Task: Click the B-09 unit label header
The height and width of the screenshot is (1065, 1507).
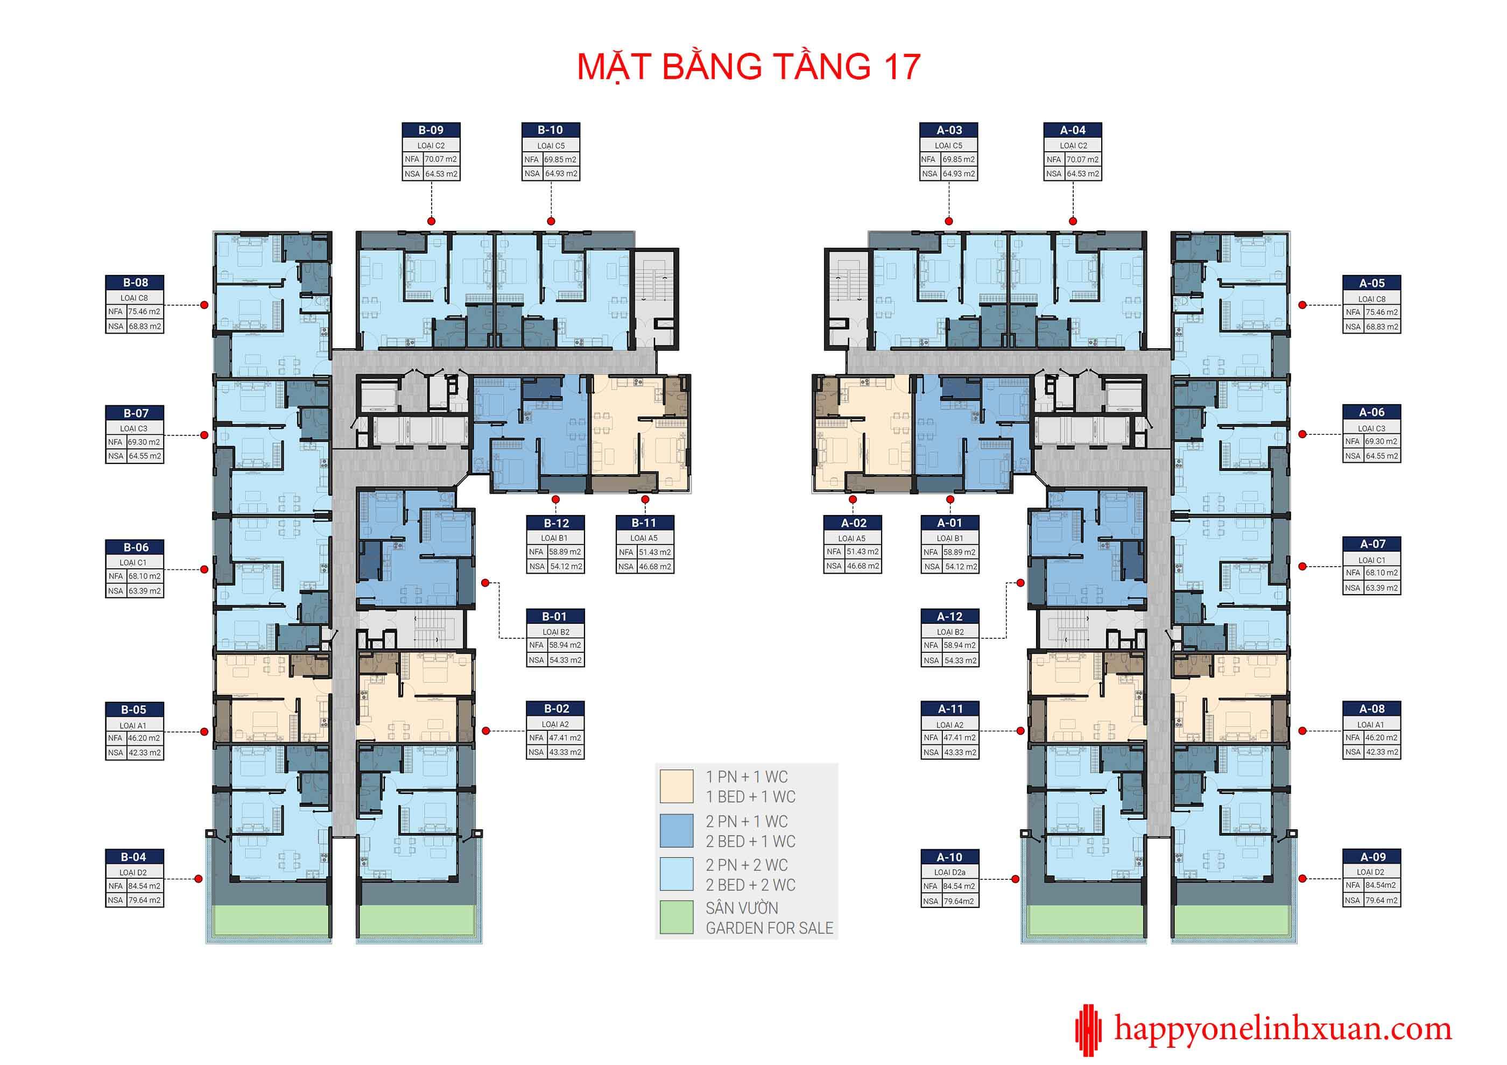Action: coord(431,130)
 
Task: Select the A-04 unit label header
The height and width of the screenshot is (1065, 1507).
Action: coord(1073,130)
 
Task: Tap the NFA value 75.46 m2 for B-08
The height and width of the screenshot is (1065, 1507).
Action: coord(144,312)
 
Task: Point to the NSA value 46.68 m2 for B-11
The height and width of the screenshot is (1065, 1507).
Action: coord(655,566)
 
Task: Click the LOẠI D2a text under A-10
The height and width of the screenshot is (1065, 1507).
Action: coord(950,872)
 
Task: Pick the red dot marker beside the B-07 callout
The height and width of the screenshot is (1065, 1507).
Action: coord(204,435)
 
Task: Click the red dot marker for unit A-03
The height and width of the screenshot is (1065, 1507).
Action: coord(948,221)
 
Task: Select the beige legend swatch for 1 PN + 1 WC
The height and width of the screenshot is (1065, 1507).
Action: coord(676,786)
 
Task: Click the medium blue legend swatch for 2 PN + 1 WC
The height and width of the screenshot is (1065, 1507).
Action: coord(676,830)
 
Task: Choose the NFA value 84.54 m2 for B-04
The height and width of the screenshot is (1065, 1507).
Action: coord(144,886)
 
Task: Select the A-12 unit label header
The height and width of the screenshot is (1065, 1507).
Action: coord(950,617)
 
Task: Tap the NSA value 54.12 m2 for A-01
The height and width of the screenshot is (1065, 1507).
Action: coord(961,566)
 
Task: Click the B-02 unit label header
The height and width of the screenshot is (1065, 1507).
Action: coord(556,709)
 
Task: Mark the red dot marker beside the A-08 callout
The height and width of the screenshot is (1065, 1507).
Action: coord(1303,731)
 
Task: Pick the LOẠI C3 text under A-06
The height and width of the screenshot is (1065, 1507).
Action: coord(1372,428)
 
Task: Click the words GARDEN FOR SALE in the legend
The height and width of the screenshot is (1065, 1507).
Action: coord(769,928)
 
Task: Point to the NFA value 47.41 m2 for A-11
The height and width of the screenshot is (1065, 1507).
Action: coord(960,738)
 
